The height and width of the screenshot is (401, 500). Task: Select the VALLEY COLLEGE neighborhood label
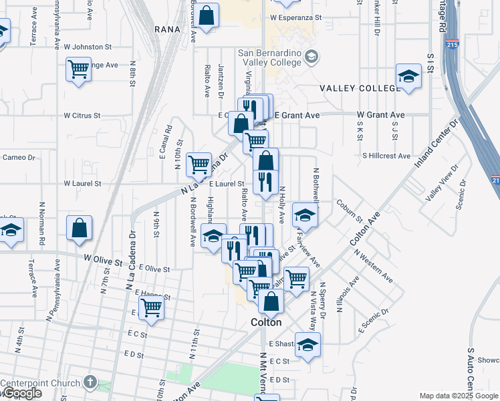click(x=359, y=88)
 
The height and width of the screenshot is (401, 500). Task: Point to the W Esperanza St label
click(x=296, y=18)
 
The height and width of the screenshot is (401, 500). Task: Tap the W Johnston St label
click(x=88, y=47)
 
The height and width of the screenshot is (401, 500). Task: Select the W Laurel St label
click(x=82, y=183)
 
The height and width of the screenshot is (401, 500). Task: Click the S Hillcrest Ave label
click(x=386, y=156)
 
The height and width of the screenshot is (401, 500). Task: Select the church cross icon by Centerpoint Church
click(x=91, y=384)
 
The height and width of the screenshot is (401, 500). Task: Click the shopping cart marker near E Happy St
click(x=152, y=308)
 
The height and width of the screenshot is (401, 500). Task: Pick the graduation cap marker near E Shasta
click(x=307, y=344)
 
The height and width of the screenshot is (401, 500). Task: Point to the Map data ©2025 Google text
click(x=458, y=396)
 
